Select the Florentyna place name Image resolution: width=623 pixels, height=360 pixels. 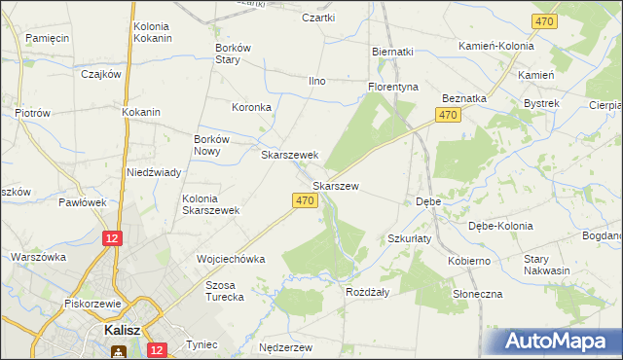click(392, 87)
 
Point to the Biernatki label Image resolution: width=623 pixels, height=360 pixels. click(393, 52)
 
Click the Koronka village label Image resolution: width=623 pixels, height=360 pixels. click(250, 107)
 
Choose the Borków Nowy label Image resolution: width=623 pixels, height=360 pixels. click(213, 145)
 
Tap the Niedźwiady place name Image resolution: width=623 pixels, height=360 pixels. click(154, 172)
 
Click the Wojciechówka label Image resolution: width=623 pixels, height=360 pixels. click(231, 260)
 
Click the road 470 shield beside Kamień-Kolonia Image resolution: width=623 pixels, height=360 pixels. click(544, 21)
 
